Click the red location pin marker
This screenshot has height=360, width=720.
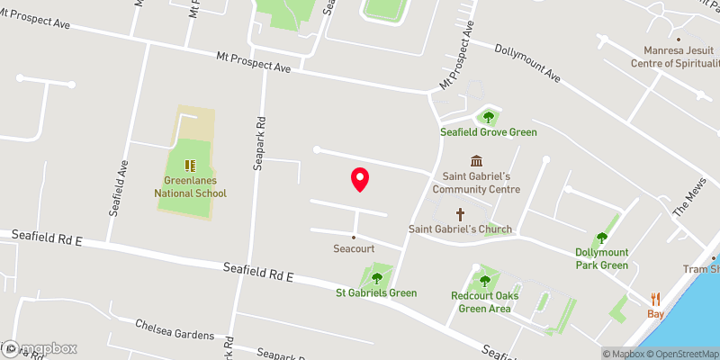(x=359, y=179)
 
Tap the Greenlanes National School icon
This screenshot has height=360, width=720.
(x=190, y=165)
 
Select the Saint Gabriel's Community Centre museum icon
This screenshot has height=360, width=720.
(x=475, y=160)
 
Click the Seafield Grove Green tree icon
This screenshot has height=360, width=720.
(x=488, y=116)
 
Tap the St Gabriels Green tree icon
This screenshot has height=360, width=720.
(x=376, y=278)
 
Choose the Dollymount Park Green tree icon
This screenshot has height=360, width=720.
(x=602, y=238)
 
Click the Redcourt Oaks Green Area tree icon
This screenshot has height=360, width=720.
(x=485, y=281)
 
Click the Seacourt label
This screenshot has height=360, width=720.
(x=354, y=247)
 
